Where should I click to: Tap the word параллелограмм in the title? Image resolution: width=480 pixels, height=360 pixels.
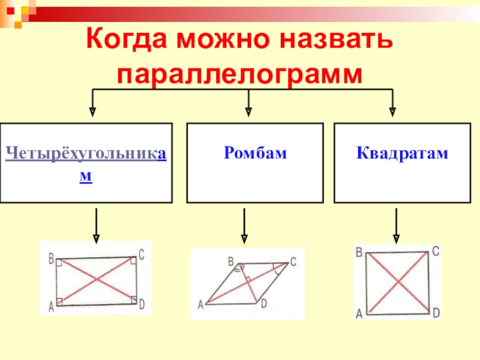[240, 76]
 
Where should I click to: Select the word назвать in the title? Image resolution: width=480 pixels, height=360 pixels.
[341, 40]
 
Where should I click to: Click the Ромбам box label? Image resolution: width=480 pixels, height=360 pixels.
[256, 154]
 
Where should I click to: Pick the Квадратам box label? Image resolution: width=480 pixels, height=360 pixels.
[402, 154]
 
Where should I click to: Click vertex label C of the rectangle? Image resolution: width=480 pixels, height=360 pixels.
[142, 255]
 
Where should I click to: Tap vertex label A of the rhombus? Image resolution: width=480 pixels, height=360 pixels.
[200, 305]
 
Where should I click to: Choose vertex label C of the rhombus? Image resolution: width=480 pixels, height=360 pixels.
[293, 262]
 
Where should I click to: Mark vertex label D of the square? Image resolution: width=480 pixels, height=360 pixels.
[436, 312]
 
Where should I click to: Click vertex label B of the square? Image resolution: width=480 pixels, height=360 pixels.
[359, 252]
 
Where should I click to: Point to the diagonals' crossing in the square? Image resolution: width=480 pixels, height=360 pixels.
[398, 282]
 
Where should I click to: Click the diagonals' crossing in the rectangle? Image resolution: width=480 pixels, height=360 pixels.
[97, 280]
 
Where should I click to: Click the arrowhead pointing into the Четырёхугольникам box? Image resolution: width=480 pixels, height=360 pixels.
[92, 111]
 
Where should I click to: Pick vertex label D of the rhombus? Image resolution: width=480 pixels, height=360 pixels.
[263, 304]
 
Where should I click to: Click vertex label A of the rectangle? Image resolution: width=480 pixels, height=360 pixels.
[51, 307]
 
